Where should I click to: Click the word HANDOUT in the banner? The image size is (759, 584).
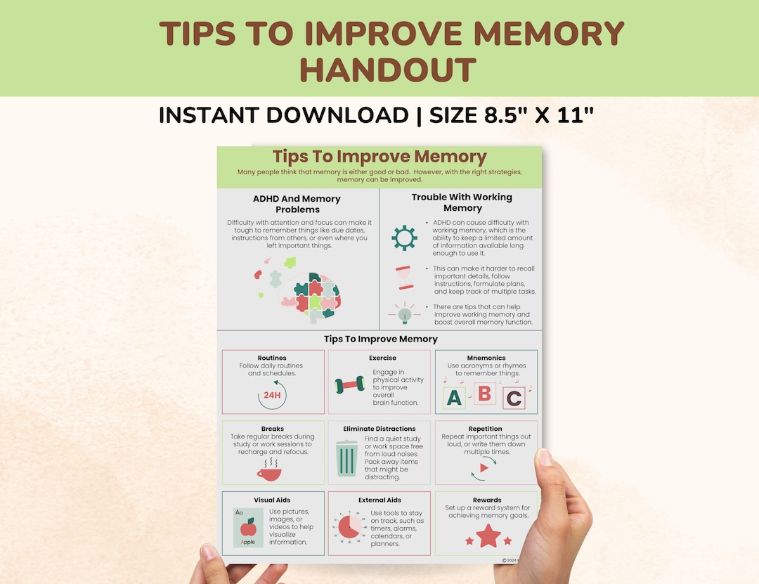click(388, 70)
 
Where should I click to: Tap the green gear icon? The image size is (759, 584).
click(404, 238)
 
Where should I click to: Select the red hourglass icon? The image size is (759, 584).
click(404, 278)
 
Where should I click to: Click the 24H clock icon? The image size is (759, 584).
click(272, 395)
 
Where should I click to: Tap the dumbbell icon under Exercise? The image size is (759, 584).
click(349, 385)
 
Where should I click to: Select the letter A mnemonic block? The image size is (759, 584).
click(454, 398)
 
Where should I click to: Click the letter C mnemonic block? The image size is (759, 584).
click(514, 398)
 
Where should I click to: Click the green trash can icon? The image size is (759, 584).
click(346, 458)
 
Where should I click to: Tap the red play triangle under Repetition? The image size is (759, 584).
click(484, 467)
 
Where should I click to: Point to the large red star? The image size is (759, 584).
click(488, 536)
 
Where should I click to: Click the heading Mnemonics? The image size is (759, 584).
click(486, 358)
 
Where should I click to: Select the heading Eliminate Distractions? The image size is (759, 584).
click(379, 429)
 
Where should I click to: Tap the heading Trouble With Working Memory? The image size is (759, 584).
click(462, 202)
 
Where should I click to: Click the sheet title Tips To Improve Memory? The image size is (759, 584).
click(379, 157)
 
